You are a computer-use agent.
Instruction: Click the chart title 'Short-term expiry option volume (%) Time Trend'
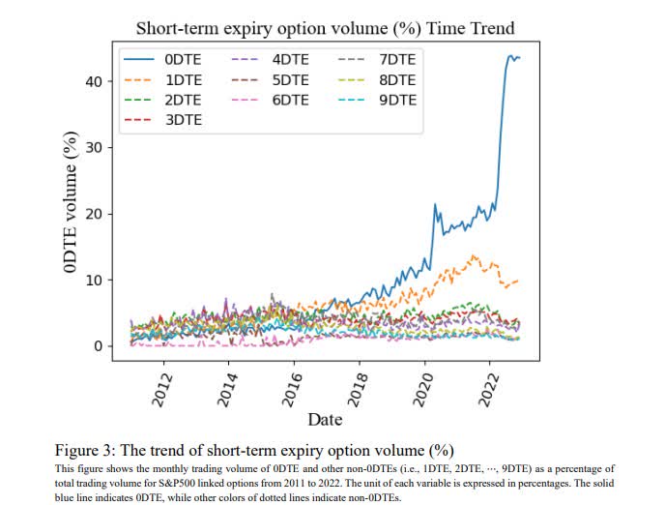click(x=325, y=28)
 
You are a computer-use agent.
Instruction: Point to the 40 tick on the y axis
click(x=93, y=81)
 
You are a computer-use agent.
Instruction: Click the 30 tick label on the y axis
click(x=93, y=148)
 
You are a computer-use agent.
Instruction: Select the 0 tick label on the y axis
click(x=98, y=346)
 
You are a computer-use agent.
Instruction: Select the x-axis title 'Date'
click(x=325, y=419)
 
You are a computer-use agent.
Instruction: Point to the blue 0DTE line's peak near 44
click(x=510, y=55)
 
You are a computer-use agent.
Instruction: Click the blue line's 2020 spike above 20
click(x=435, y=205)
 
